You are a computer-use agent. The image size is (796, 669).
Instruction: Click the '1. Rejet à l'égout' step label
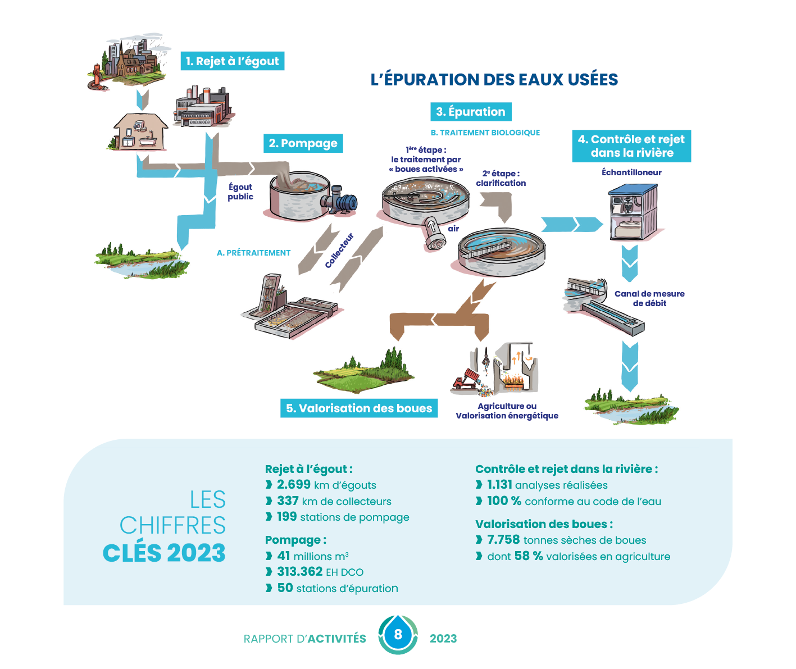coord(232,61)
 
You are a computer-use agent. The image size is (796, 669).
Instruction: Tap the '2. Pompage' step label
coord(303,143)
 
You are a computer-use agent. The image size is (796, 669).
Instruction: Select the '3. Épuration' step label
coord(471,112)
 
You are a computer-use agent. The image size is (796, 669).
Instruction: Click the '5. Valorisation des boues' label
coord(359,408)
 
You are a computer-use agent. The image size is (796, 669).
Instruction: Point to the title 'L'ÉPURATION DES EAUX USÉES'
coord(494,80)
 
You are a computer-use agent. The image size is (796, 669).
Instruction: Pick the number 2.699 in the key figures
coord(294,485)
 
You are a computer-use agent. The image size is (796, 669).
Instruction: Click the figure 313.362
coord(300,572)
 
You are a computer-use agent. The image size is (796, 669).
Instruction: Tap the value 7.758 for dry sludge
coord(503,540)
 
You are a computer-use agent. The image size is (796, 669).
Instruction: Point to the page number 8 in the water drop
coord(398,635)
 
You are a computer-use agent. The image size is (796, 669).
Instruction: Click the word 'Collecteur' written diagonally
coord(339,250)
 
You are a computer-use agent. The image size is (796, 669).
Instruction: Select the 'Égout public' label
coord(240,192)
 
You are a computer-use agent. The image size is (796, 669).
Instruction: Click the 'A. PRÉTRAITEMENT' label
coord(254,253)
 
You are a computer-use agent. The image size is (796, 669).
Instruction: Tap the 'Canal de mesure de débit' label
coord(649,298)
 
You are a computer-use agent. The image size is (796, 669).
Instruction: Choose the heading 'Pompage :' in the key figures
coord(295,540)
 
